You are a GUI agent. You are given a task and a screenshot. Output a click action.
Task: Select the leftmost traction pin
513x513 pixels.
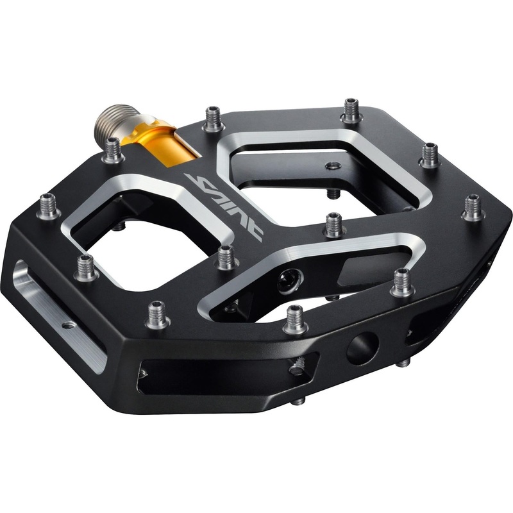coord(49,206)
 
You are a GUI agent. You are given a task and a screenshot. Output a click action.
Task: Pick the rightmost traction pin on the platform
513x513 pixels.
coord(473,207)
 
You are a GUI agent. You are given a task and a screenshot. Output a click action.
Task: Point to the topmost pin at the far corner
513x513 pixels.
coord(351,110)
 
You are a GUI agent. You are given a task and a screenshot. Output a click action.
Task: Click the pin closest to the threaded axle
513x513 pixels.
coord(113,149)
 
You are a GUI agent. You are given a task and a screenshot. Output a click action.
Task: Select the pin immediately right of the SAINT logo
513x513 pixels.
coord(333,224)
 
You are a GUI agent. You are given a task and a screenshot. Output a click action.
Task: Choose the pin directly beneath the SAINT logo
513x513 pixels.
coord(225,257)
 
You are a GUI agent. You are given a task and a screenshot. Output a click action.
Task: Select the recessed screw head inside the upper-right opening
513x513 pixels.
coord(332,166)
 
